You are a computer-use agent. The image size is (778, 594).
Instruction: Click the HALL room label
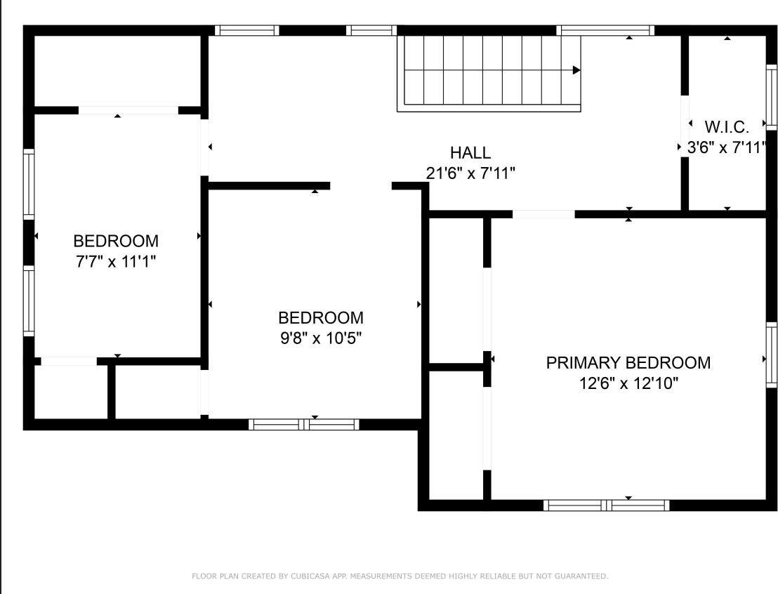[x=470, y=152]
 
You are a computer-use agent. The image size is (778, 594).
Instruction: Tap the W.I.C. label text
[x=727, y=127]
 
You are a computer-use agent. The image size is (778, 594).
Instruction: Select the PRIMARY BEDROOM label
[x=628, y=363]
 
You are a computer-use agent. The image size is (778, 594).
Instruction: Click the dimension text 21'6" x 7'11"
[x=470, y=173]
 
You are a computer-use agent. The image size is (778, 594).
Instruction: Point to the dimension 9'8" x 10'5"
[x=321, y=338]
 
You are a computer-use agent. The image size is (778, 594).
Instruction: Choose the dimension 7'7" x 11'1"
[x=116, y=262]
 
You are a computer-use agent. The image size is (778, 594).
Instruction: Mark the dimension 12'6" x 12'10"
[x=628, y=383]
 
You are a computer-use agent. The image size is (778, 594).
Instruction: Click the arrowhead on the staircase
[x=576, y=70]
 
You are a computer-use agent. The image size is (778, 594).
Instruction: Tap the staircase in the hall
[x=489, y=70]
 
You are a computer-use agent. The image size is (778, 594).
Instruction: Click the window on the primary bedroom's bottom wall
[x=606, y=505]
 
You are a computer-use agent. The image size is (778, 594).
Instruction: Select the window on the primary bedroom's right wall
[x=771, y=358]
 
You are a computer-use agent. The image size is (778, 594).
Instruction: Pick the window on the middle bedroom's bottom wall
[x=304, y=424]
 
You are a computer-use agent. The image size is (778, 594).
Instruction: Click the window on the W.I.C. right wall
[x=771, y=97]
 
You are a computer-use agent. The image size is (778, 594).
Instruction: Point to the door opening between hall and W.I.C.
[x=684, y=126]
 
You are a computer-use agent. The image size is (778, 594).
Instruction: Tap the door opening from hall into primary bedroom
[x=543, y=214]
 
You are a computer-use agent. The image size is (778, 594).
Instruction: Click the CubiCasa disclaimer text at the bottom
[x=400, y=576]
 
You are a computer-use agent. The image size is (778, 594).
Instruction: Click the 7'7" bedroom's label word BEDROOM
[x=116, y=242]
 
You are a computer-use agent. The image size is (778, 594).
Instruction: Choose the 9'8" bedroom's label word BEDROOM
[x=321, y=318]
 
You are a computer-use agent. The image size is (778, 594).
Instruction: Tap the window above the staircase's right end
[x=605, y=30]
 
